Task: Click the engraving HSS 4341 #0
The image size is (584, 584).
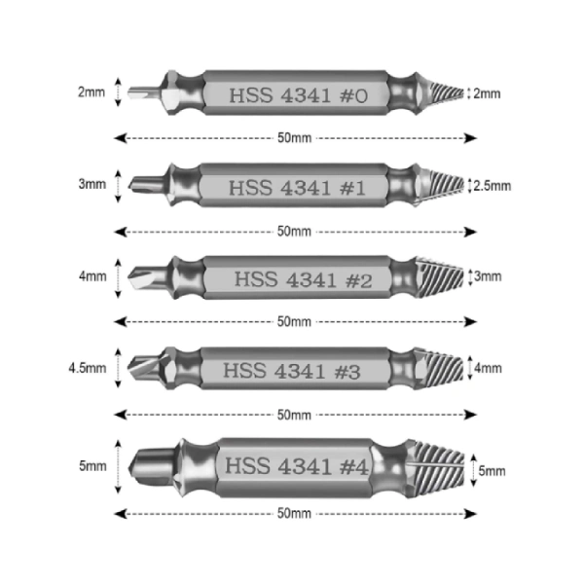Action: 299,95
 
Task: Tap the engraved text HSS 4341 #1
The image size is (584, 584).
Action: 297,188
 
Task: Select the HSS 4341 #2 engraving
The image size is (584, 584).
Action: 303,279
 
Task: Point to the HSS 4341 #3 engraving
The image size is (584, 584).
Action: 292,372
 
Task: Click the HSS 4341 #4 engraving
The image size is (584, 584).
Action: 297,466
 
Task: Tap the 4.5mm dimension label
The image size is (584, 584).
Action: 88,368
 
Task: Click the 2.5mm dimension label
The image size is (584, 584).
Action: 492,186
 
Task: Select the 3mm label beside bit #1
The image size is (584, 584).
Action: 92,184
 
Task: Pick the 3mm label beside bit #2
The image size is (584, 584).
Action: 488,276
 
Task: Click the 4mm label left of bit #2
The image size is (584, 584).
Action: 92,276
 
